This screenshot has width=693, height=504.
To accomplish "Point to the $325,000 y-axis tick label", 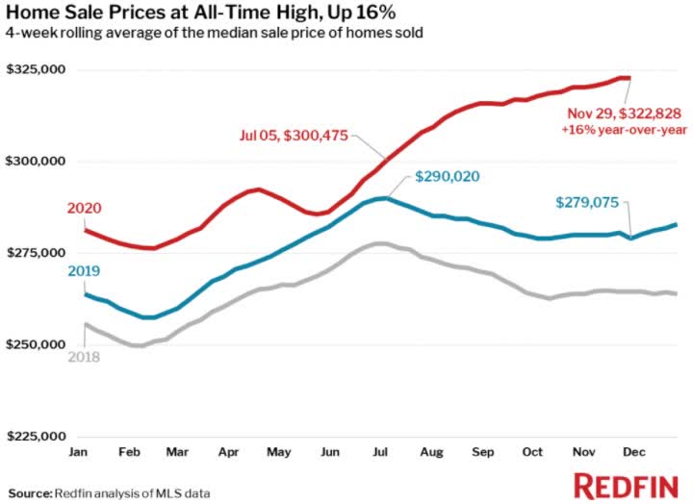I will [x=36, y=70].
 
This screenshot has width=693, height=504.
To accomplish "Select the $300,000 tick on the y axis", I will [x=36, y=162].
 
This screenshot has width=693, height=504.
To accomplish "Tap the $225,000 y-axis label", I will [x=36, y=436].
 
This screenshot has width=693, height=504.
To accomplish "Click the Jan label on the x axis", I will [x=80, y=450].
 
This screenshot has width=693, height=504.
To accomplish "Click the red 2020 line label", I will [x=84, y=209].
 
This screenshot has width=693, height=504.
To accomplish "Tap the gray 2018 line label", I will [x=84, y=357].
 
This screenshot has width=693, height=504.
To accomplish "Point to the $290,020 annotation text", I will [x=448, y=177].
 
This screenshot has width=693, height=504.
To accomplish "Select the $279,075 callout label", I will [x=590, y=203].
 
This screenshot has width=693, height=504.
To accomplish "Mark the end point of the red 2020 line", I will [x=629, y=78].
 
